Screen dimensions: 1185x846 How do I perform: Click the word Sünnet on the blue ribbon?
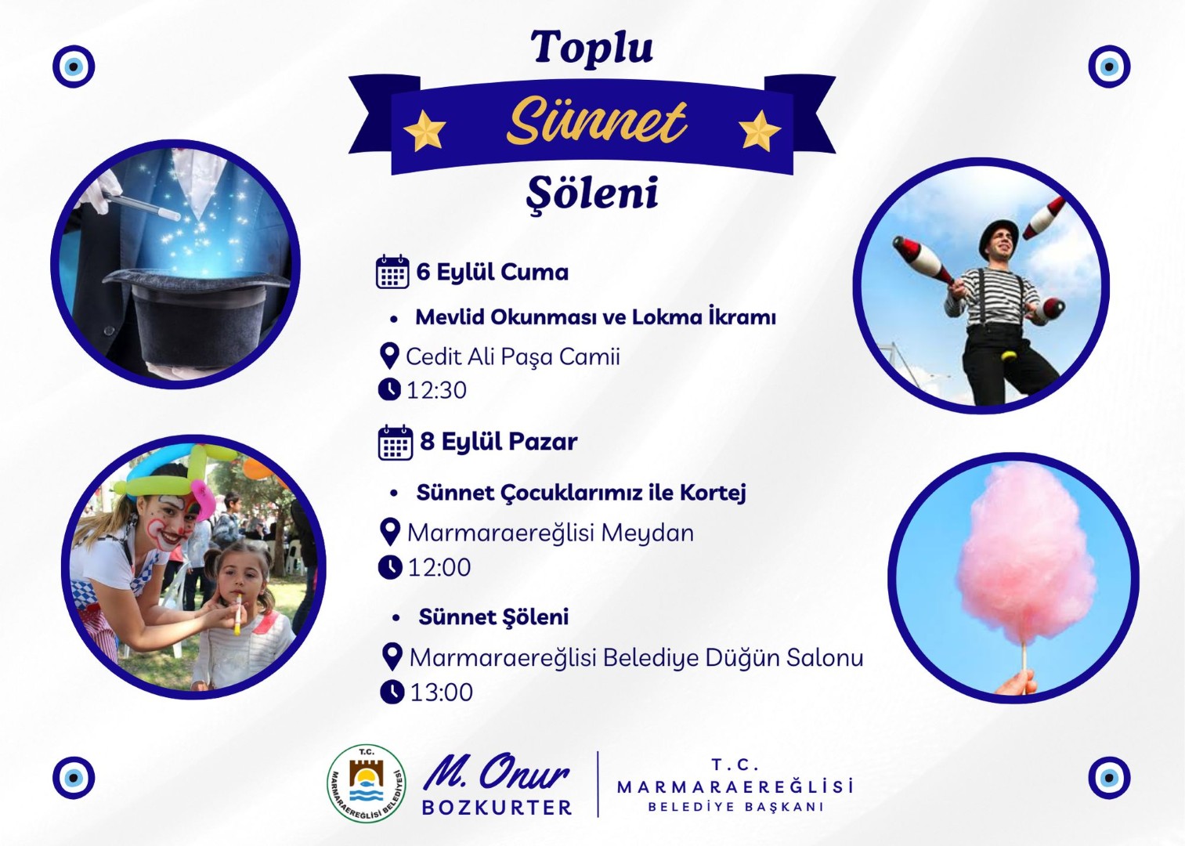(596, 122)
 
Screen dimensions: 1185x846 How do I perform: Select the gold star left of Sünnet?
(425, 130)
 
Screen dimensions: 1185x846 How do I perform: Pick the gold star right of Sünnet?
(760, 130)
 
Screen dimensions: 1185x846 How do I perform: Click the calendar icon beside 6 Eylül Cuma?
(392, 271)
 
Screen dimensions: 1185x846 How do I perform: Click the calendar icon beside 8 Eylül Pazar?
(396, 443)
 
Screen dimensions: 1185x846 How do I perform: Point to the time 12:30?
(436, 390)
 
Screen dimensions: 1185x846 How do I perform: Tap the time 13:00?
(441, 692)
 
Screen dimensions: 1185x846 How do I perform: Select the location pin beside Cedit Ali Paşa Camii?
(389, 356)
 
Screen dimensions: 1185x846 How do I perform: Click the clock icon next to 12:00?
(391, 567)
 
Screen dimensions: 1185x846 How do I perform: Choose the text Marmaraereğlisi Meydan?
(550, 533)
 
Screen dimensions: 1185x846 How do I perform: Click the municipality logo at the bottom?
(367, 783)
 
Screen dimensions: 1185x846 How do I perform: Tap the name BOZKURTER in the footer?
(497, 808)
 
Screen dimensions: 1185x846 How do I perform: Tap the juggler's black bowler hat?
(998, 234)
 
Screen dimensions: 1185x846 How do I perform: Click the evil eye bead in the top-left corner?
(74, 67)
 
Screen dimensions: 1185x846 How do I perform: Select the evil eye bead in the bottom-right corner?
(1109, 778)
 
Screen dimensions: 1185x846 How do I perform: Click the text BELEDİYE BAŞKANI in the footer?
(736, 808)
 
